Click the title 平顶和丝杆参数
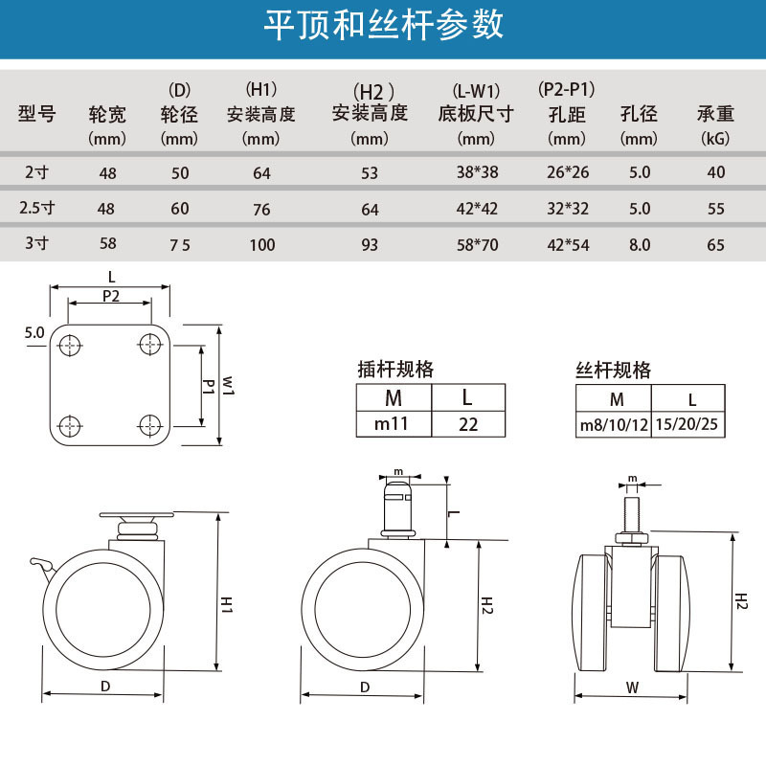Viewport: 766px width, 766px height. [383, 26]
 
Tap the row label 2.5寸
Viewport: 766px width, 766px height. [37, 208]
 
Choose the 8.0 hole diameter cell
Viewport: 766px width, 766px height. [639, 244]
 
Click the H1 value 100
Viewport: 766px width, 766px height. [261, 244]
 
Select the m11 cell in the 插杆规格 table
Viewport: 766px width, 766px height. [394, 423]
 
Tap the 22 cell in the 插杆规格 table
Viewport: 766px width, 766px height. [467, 423]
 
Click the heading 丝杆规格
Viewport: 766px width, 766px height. [613, 370]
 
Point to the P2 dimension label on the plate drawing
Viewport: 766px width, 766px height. [110, 297]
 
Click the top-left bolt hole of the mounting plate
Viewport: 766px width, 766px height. [69, 343]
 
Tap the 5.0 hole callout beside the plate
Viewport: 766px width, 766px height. [34, 333]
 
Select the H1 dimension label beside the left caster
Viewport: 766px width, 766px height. [227, 603]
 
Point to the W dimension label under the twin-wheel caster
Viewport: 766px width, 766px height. [632, 686]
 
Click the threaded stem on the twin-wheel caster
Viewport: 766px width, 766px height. [632, 507]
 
